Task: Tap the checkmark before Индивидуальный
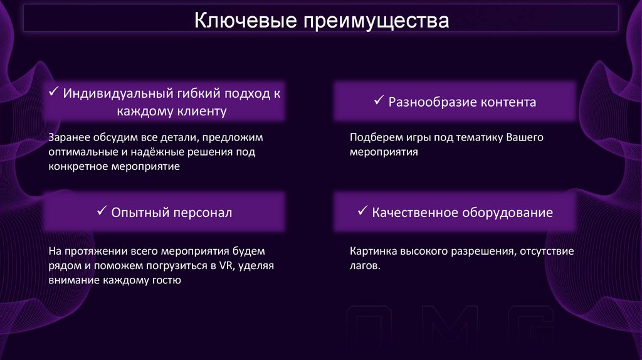[x=53, y=93]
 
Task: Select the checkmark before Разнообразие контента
[x=379, y=100]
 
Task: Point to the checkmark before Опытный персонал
[x=102, y=211]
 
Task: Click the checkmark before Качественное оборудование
[x=362, y=211]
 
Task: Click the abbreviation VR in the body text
[x=226, y=266]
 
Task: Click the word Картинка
[x=372, y=251]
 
